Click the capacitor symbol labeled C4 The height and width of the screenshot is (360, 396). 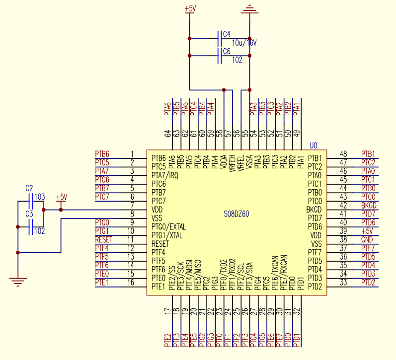point(220,38)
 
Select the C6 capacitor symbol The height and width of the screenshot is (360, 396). point(220,56)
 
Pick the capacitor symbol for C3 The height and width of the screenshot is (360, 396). point(30,227)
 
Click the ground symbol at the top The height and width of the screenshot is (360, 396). point(249,9)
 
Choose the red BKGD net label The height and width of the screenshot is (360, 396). point(369,205)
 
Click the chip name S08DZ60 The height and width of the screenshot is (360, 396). point(237,214)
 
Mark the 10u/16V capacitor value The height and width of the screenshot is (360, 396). point(244,43)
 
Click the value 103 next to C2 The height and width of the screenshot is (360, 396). point(40,197)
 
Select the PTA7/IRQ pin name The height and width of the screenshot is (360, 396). point(164,175)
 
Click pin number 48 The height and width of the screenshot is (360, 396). point(343,154)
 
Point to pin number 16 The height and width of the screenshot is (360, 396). point(132,282)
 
